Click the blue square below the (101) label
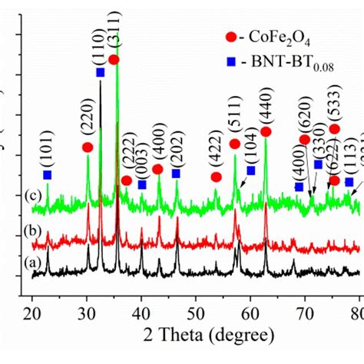pos(48,175)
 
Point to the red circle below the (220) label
pos(88,147)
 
